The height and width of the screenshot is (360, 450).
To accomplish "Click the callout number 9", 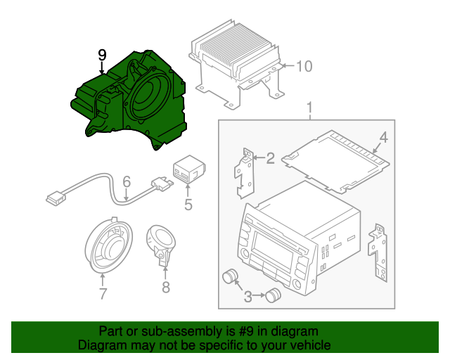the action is point(102,55).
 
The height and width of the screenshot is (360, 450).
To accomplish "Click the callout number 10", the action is point(304,66).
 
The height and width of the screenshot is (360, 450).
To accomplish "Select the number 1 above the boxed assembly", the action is point(309,108).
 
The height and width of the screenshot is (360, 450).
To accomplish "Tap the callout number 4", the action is point(383,138).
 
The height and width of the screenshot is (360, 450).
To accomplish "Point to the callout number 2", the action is point(270,158).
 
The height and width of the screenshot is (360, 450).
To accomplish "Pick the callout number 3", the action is point(247,297).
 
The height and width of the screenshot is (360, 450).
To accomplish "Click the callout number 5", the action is point(188,205).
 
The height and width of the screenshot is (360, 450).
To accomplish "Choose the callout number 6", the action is point(127,181).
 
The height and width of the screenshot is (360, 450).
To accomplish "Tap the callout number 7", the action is point(103,294).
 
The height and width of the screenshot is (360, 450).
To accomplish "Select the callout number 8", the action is point(166,287).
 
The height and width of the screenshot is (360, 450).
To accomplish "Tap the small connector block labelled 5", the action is point(189,169).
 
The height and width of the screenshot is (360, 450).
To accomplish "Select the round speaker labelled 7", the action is point(109,245).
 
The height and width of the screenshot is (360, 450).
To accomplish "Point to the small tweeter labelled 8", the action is point(161,244).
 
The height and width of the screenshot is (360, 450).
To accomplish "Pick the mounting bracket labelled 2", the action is point(245,173).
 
